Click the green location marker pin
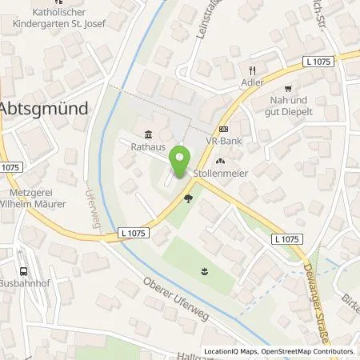tap(182, 157)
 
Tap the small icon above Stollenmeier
tap(220, 162)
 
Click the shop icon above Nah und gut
tap(289, 89)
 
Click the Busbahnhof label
tap(27, 282)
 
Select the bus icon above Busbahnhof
tap(25, 270)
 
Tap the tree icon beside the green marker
tap(188, 198)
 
